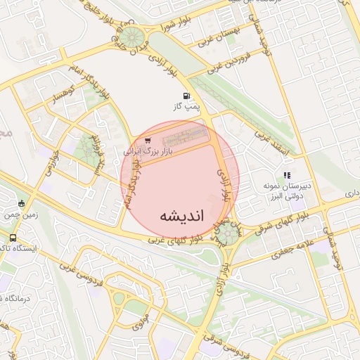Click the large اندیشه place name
181,215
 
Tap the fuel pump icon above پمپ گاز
186,96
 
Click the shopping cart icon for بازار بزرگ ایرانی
147,141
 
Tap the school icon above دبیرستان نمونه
286,174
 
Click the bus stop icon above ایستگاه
21,203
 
